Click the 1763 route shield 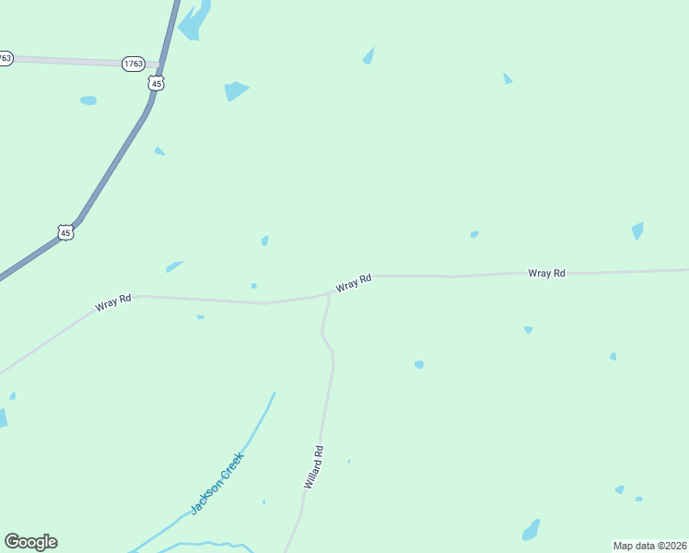pos(134,64)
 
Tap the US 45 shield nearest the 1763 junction pos(155,83)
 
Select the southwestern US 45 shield pos(64,233)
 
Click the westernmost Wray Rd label pos(113,301)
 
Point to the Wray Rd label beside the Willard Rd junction pos(354,283)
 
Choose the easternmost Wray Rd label pos(546,273)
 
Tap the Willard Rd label pos(313,467)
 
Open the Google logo pos(30,542)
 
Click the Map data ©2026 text pos(649,545)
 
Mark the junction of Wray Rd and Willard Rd pos(329,295)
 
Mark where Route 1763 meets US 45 pos(162,65)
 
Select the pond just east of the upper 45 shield pos(236,91)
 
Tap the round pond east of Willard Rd pos(419,364)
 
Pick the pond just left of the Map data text pos(531,530)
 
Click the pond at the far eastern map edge pos(637,229)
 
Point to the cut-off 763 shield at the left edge pos(6,58)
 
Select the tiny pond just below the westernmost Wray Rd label pos(200,317)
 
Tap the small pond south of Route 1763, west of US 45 pos(88,100)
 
